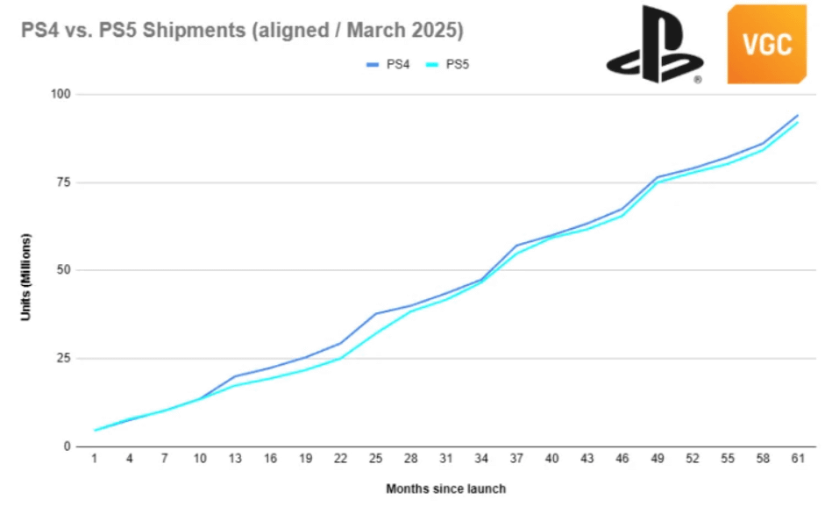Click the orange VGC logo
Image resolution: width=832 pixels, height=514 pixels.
click(x=765, y=44)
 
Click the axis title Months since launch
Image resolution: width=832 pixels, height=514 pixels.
click(x=445, y=489)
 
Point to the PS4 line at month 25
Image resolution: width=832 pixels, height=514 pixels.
click(x=376, y=314)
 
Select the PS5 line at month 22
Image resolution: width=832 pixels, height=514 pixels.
click(x=341, y=358)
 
